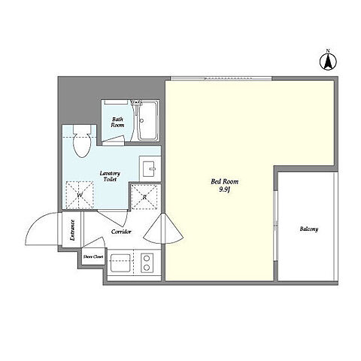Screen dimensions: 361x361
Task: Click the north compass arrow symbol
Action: pos(328,62)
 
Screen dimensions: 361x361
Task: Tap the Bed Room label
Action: pos(224,181)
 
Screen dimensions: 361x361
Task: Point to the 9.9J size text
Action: pos(224,190)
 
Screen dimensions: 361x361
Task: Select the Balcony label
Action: pos(309,229)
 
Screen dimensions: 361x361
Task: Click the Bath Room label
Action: pos(117,122)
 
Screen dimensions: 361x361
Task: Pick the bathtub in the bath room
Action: pos(148,121)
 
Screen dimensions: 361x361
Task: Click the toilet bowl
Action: pos(81,141)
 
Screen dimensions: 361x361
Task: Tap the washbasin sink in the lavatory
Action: pos(150,168)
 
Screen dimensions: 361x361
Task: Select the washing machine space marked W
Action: pos(80,195)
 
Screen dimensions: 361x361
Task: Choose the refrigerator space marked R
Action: pos(144,197)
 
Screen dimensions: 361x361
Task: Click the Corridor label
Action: pos(121,232)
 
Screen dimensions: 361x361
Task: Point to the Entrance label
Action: pos(72,230)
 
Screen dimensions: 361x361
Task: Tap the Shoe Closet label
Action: pos(93,256)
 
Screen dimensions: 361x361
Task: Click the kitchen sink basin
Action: pos(120,263)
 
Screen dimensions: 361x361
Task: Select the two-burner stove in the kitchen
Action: pos(147,263)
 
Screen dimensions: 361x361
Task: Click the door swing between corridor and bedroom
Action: pos(163,229)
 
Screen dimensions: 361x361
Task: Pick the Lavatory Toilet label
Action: pos(110,176)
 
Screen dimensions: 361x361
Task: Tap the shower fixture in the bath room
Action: pos(136,107)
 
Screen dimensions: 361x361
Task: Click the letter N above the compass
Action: pos(328,51)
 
